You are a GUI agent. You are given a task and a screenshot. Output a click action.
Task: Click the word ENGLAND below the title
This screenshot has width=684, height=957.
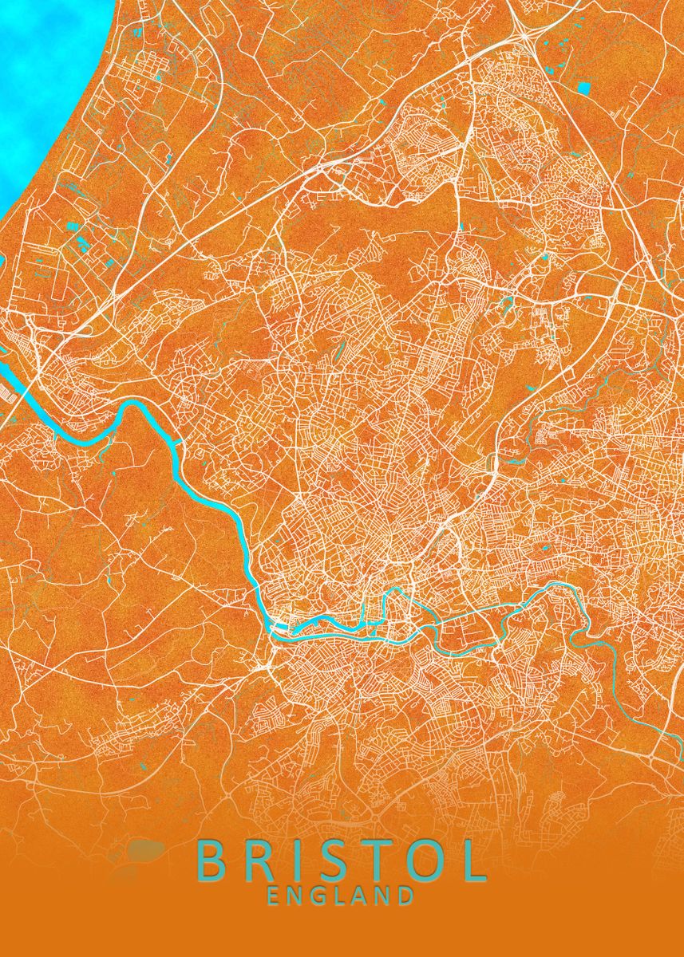(341, 896)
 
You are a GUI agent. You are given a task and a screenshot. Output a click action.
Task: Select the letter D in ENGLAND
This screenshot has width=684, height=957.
(405, 896)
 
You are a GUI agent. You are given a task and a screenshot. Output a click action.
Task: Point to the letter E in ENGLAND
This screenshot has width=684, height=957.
(275, 896)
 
